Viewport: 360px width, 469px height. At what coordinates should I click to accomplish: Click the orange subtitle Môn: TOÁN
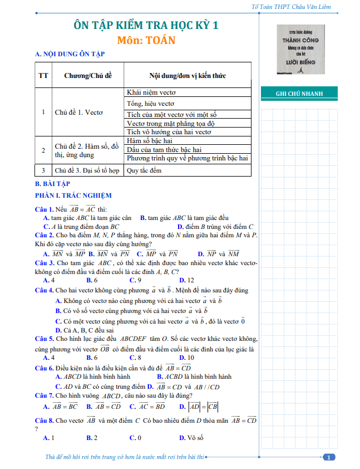click(146, 40)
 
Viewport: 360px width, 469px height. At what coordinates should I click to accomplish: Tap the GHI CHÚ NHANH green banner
click(299, 94)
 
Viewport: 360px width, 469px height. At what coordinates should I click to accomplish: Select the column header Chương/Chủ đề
click(88, 75)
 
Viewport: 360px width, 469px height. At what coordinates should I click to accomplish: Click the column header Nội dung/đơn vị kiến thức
click(187, 75)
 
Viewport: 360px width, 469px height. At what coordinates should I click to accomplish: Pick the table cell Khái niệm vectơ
click(151, 93)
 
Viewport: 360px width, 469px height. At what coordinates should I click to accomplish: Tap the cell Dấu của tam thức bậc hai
click(164, 150)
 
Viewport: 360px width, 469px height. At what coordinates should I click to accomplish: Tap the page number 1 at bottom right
click(329, 457)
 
